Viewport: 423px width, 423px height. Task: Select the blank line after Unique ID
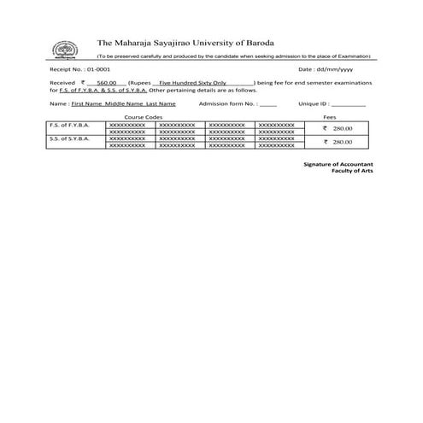352,103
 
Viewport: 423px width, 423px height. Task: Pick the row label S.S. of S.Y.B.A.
68,138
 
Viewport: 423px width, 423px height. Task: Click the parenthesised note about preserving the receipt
233,55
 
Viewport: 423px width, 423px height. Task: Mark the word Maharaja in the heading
133,41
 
